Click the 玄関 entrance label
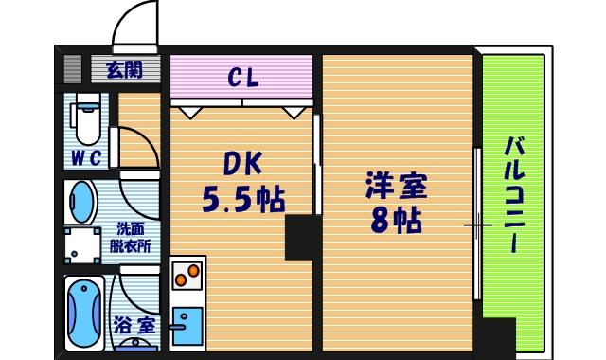[123, 69]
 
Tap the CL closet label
[242, 77]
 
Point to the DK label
[242, 164]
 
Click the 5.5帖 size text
[243, 199]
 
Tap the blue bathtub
[85, 314]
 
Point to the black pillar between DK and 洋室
[303, 236]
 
